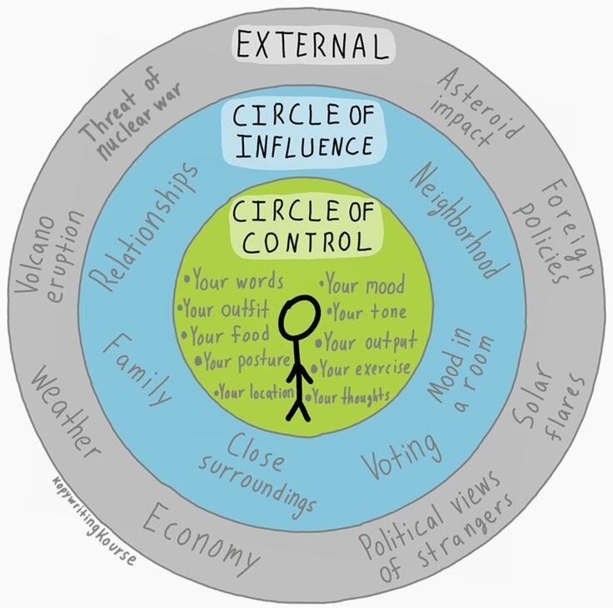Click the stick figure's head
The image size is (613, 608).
[x=297, y=319]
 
